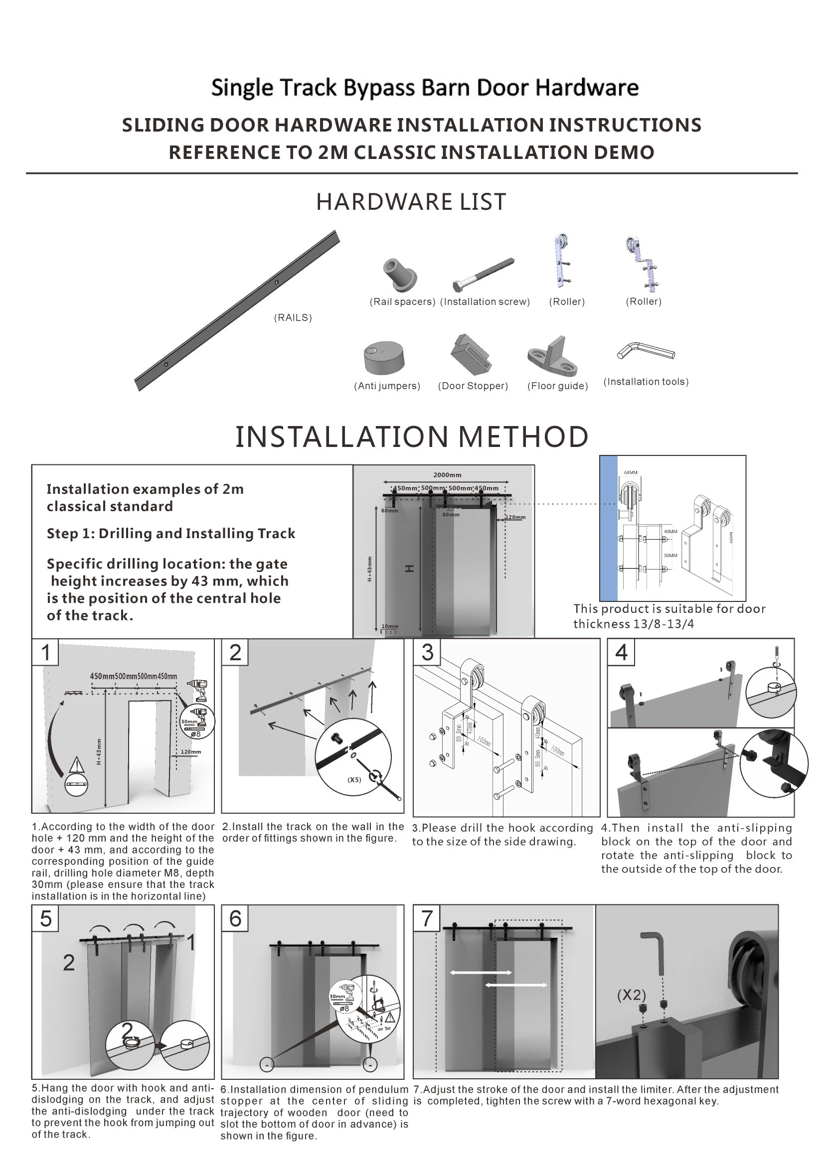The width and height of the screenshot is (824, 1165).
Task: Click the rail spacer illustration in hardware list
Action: pos(400,275)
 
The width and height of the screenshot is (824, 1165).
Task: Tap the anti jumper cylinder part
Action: pos(384,357)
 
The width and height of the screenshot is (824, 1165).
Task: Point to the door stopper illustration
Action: pos(471,355)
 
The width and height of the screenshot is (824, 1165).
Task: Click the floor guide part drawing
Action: pos(553,355)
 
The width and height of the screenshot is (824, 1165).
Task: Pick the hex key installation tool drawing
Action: pos(646,351)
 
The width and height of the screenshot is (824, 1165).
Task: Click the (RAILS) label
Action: pos(293,317)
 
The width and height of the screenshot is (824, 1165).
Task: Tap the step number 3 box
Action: pos(427,653)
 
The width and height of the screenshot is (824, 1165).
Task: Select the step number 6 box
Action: pos(235,919)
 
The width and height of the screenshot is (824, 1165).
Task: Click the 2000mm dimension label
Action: pos(447,475)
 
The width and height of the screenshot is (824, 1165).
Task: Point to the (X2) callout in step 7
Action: pos(631,995)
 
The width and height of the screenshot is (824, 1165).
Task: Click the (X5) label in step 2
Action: pos(354,780)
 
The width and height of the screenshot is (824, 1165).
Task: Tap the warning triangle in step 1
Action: pos(76,764)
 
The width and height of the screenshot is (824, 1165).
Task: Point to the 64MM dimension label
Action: pos(630,472)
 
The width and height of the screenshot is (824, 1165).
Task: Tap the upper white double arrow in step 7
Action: pos(480,973)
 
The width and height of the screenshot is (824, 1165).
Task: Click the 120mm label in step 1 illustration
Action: pos(191,752)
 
